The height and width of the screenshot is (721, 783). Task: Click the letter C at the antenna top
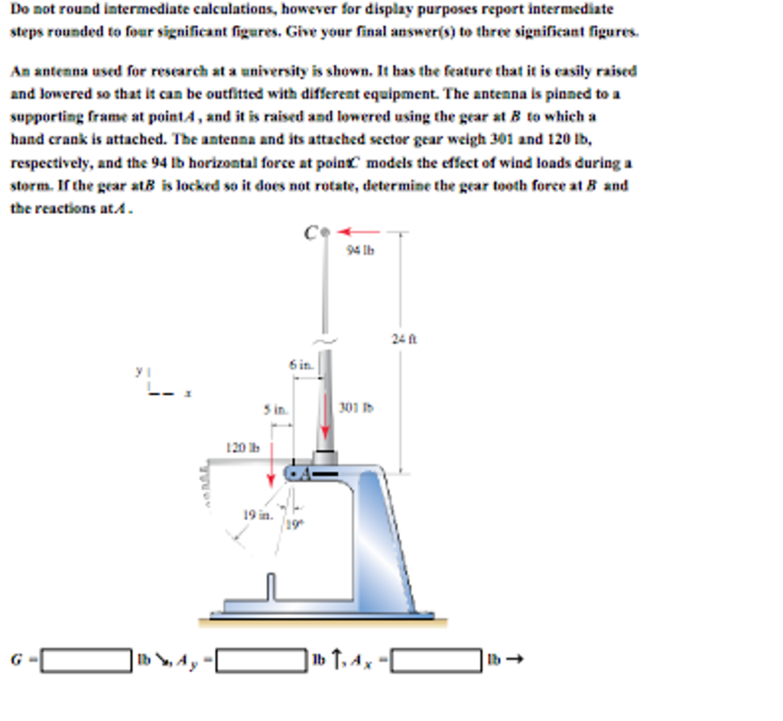tap(310, 232)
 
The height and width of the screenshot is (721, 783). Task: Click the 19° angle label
tap(294, 525)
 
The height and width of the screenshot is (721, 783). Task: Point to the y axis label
tap(139, 372)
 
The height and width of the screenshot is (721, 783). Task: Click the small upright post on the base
tap(270, 589)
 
